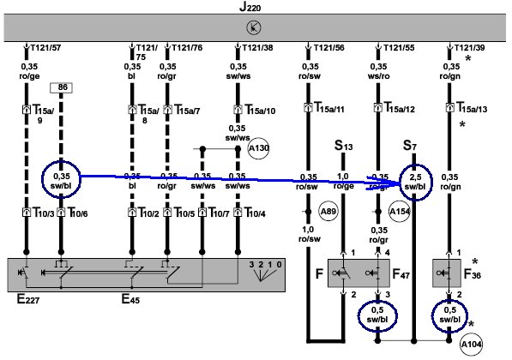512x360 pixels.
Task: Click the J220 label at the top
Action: click(250, 7)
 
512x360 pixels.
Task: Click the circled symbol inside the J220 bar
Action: click(254, 27)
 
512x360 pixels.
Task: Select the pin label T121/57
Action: click(45, 48)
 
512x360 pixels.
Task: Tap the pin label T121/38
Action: click(257, 48)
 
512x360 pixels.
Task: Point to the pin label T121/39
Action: click(470, 48)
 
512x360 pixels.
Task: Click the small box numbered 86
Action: click(61, 87)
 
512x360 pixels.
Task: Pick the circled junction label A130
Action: click(259, 148)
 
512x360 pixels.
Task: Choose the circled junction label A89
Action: click(328, 212)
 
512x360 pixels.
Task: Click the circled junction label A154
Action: click(400, 212)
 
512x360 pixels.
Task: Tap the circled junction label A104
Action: click(471, 345)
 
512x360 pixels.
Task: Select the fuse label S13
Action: click(344, 146)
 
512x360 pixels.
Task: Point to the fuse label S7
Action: click(410, 146)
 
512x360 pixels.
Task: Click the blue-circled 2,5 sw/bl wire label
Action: click(416, 182)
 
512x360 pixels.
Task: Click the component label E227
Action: click(28, 298)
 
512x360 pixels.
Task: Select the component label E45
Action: click(130, 298)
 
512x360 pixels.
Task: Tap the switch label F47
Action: click(401, 273)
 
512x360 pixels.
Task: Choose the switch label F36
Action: click(473, 273)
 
